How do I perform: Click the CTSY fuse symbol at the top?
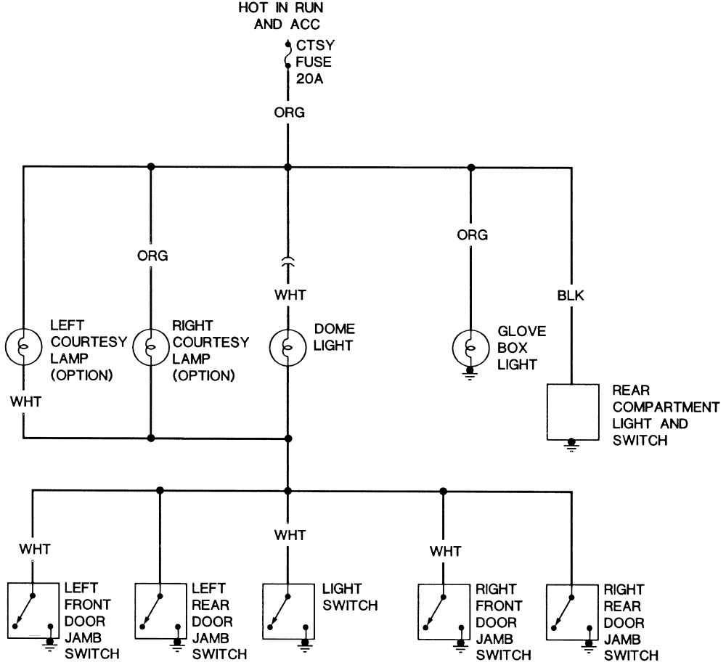click(287, 56)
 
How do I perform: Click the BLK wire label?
click(571, 295)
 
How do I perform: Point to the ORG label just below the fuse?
click(290, 113)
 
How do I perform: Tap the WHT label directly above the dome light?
click(290, 295)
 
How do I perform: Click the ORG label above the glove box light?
click(473, 234)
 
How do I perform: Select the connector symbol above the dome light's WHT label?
click(287, 262)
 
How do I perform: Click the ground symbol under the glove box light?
click(470, 373)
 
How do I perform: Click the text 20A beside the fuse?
click(310, 78)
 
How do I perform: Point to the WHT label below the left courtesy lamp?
click(26, 401)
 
